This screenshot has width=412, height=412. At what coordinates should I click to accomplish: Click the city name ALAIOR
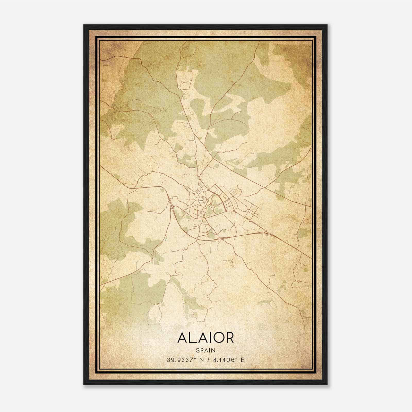pos(205,338)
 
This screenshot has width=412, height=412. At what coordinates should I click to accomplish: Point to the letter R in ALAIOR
pos(230,338)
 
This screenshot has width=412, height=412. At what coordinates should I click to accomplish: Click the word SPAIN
pos(205,350)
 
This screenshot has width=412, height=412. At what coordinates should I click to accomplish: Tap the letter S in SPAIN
pos(198,350)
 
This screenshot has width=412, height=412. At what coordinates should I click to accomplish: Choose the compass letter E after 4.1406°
pos(242,360)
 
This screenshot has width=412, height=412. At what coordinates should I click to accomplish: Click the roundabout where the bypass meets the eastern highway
pos(265,232)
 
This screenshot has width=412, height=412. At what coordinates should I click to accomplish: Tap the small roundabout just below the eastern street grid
pos(250,221)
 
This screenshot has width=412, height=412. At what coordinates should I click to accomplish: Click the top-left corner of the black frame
pos(84,25)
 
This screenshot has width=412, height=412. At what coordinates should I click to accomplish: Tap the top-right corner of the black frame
pos(327,25)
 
